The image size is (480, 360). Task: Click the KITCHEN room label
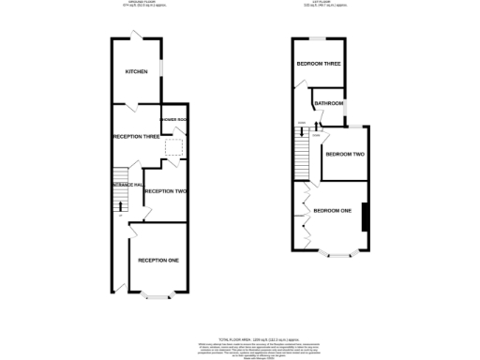point(137,71)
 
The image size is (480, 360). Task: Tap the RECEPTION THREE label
point(134,137)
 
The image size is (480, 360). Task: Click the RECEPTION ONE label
point(158,260)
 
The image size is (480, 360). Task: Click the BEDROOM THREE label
point(318,64)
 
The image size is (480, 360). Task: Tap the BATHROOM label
point(328,104)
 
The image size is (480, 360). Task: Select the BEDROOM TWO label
point(344,154)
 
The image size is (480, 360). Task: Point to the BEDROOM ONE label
point(333,210)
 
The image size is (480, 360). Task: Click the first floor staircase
point(303,144)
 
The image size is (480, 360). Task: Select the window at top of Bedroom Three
point(318,38)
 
